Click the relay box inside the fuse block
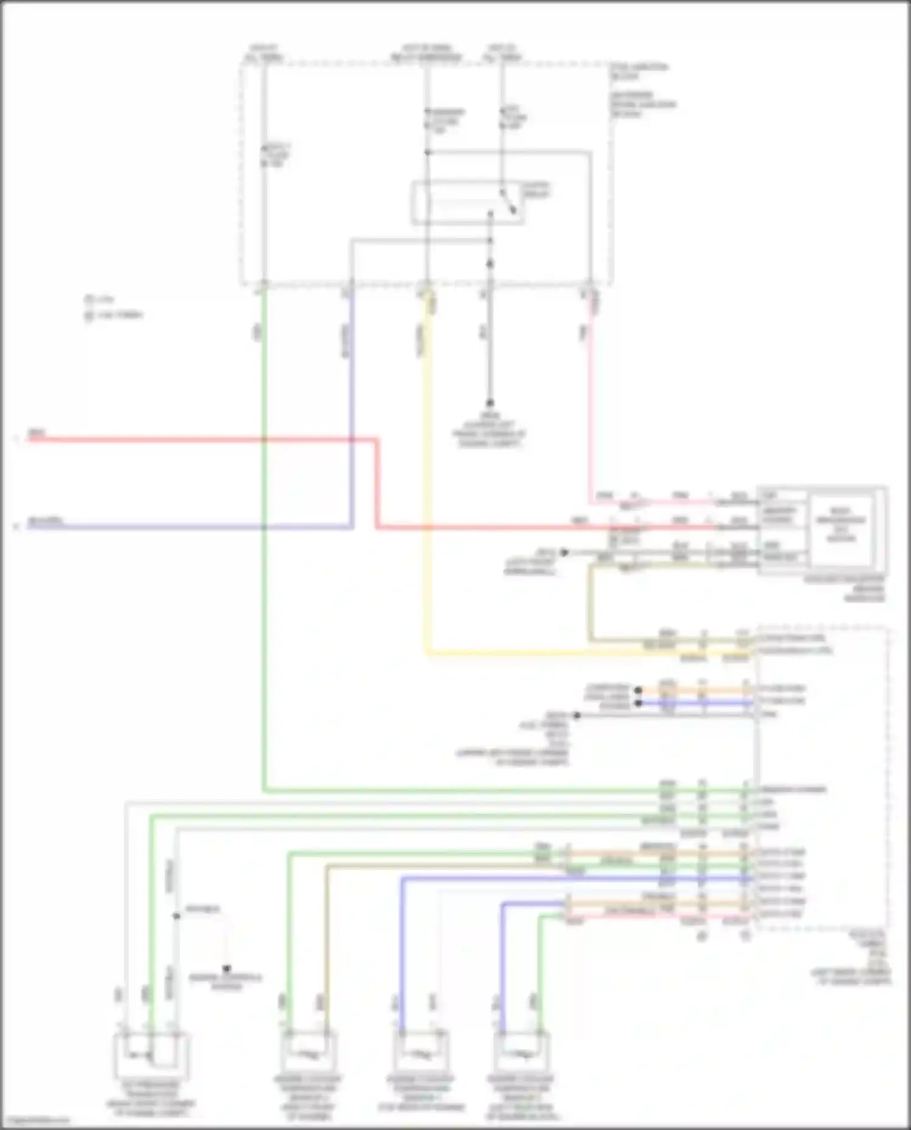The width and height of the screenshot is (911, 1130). [468, 203]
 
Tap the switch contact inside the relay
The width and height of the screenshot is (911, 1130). [509, 202]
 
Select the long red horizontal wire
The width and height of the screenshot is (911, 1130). [200, 439]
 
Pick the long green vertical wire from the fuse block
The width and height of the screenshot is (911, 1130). [264, 546]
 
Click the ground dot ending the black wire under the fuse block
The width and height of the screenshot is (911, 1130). [490, 403]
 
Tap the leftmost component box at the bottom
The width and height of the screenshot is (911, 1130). [151, 1055]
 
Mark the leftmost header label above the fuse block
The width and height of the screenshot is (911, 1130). [263, 53]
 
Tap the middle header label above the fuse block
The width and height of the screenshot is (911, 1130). [426, 53]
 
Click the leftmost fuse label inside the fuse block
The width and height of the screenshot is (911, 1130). [276, 155]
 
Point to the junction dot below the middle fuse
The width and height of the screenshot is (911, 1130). [427, 152]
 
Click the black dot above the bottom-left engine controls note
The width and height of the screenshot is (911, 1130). [227, 968]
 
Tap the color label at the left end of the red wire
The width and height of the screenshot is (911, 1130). [36, 434]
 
